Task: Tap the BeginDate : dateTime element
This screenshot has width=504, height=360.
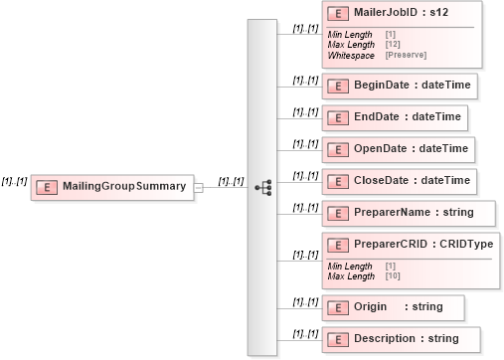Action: click(x=400, y=86)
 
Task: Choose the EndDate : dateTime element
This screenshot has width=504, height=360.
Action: click(x=395, y=117)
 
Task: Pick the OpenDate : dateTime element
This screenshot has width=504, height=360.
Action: click(x=397, y=149)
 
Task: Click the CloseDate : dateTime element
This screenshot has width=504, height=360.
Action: click(x=398, y=181)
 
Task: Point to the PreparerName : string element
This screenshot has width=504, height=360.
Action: click(x=400, y=212)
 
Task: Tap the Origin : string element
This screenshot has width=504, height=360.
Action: click(x=384, y=307)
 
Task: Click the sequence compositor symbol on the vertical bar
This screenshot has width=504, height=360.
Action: click(x=262, y=186)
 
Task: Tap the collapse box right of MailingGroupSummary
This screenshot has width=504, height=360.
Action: click(x=200, y=187)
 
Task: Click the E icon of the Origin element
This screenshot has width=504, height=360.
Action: click(x=337, y=307)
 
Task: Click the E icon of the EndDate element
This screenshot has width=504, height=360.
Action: click(x=337, y=117)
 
